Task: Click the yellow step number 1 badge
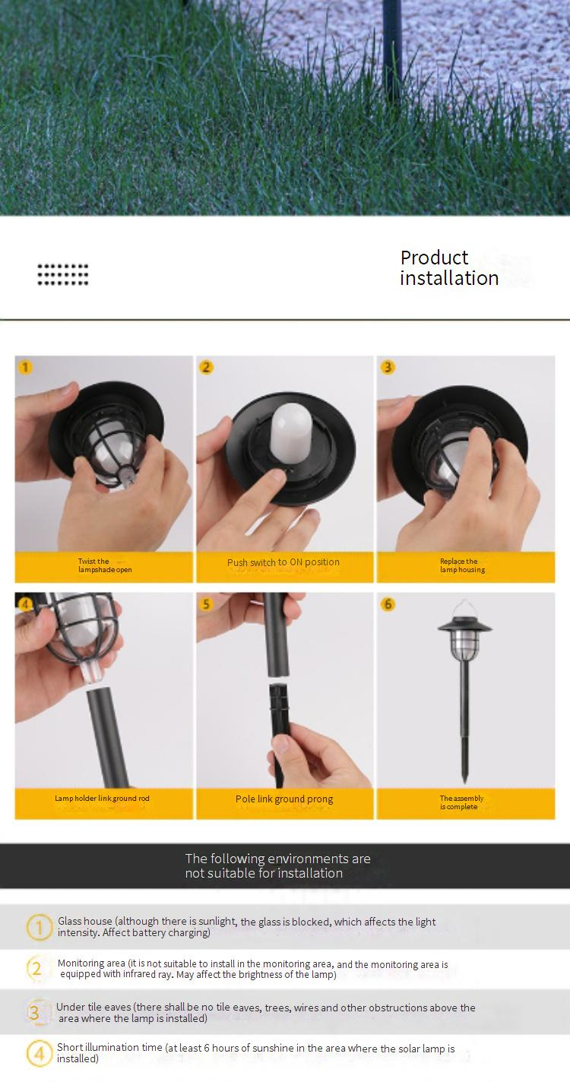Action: (x=25, y=368)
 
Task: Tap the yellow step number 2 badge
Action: (x=206, y=368)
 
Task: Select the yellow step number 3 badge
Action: (x=388, y=368)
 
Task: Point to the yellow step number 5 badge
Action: (x=206, y=604)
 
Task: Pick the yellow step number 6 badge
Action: (x=388, y=604)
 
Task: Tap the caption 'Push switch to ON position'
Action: (x=283, y=562)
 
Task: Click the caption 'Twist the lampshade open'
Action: (x=105, y=565)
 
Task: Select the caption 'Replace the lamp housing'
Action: (x=462, y=565)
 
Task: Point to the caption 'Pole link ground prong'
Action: (x=284, y=799)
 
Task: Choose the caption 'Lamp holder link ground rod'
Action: (x=102, y=799)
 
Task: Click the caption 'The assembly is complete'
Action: (x=461, y=802)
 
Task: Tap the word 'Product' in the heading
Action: (x=434, y=258)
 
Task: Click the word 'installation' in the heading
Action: (x=449, y=278)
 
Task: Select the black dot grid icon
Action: (x=63, y=274)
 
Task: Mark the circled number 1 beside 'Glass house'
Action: (x=39, y=927)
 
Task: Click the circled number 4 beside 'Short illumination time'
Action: (x=39, y=1053)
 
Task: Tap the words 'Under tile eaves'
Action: (x=93, y=1007)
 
